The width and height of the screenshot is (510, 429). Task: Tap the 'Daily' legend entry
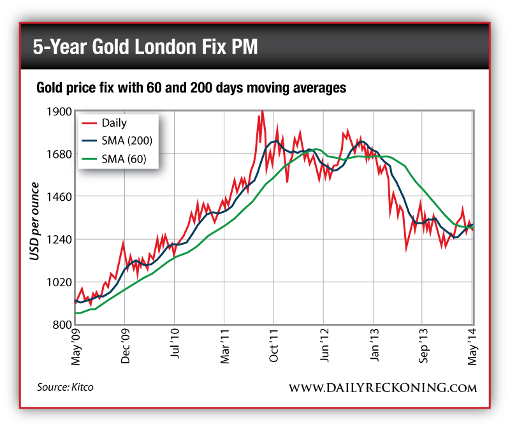pos(114,123)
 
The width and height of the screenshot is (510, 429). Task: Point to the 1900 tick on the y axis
pos(59,112)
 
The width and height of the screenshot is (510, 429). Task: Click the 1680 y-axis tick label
pos(59,154)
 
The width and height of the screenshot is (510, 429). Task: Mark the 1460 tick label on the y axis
pos(59,197)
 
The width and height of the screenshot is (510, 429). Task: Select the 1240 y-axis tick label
pos(59,240)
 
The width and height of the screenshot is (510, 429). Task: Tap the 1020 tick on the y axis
pos(59,282)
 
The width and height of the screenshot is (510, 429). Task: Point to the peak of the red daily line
pos(261,112)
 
